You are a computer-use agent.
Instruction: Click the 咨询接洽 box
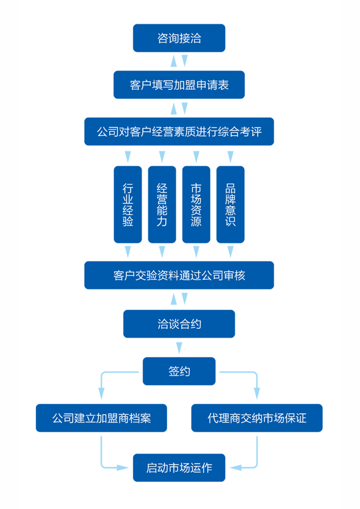point(179,38)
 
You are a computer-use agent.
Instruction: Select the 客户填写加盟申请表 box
point(179,85)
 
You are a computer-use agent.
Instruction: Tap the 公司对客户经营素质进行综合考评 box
point(179,132)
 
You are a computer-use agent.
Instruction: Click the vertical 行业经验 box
point(127,204)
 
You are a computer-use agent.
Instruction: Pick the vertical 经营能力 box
point(162,204)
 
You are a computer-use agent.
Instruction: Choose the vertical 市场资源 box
point(196,204)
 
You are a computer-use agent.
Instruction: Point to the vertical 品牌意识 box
point(230,204)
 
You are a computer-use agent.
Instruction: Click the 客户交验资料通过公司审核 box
point(179,275)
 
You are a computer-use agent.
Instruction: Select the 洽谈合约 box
point(179,324)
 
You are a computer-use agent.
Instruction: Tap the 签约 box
point(179,371)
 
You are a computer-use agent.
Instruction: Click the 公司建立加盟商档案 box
point(101,418)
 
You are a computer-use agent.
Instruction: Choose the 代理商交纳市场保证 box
point(257,418)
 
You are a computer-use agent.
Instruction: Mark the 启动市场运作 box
point(179,468)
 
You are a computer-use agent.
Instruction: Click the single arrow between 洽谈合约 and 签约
point(179,347)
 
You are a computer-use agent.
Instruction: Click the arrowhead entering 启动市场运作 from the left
point(122,468)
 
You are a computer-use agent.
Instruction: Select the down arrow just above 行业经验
point(127,157)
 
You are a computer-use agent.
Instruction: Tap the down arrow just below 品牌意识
point(230,251)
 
